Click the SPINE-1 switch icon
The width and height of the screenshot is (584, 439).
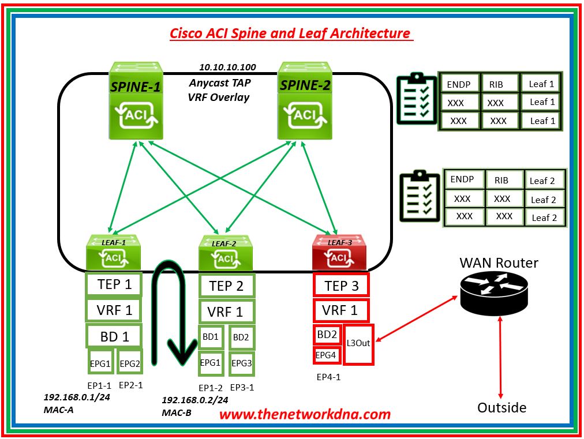tap(136, 102)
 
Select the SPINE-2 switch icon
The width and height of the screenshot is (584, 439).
tap(305, 102)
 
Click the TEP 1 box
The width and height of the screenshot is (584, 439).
tap(114, 284)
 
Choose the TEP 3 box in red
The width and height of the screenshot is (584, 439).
tap(341, 286)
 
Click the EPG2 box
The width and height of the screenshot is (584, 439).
tap(130, 364)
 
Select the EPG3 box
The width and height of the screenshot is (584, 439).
tap(242, 363)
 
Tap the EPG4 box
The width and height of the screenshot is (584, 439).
tap(326, 355)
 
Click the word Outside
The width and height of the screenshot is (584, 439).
tap(501, 408)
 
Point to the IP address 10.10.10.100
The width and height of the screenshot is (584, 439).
tap(227, 67)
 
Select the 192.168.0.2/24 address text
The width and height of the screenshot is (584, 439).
tap(194, 400)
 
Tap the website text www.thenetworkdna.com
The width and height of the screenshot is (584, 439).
tap(305, 414)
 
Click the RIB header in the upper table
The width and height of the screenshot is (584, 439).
tap(495, 84)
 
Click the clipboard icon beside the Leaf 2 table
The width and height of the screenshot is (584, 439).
tap(421, 198)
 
